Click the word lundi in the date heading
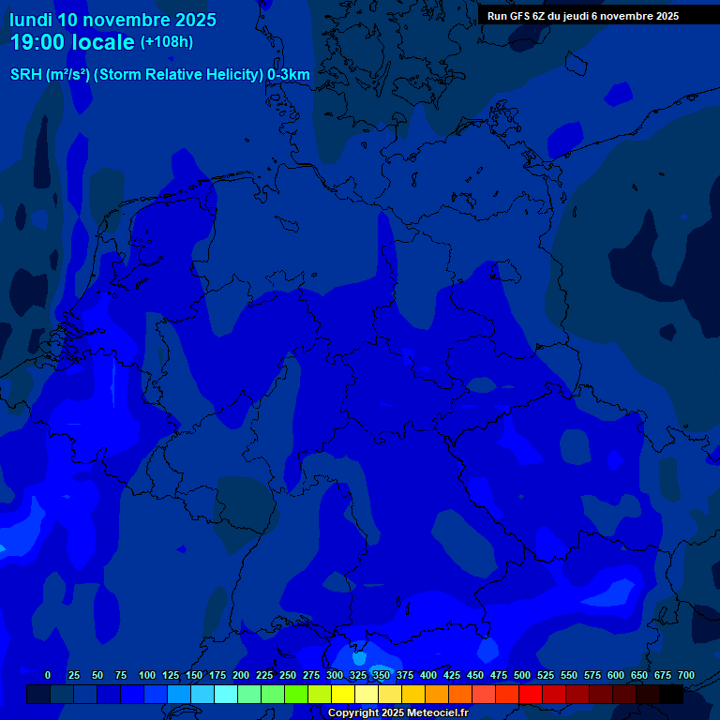pos(31,20)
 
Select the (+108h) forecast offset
pos(167,42)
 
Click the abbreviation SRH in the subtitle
pos(27,75)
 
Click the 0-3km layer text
pos(289,75)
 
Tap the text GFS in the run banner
pos(519,16)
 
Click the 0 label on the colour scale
pos(48,675)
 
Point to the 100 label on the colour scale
pos(147,675)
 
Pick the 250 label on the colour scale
pos(288,675)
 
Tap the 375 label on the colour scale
pos(405,675)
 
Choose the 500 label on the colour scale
pos(522,675)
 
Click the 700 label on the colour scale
pos(686,675)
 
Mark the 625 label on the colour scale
pos(639,675)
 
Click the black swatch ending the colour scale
pos(671,694)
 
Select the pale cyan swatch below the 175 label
pos(225,694)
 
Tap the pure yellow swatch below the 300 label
pos(343,694)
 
